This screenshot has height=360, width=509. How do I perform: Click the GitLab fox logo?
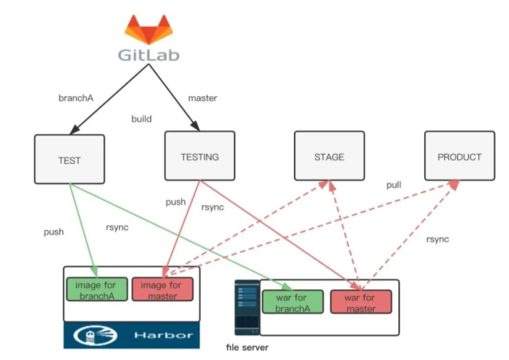(148, 30)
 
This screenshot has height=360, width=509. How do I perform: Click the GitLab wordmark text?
(148, 56)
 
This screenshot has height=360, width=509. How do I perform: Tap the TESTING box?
(200, 157)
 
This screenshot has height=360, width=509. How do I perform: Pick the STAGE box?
(329, 157)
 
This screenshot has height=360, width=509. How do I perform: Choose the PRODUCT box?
(459, 157)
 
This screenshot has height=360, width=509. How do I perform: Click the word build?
(141, 119)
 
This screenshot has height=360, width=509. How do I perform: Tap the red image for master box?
(162, 290)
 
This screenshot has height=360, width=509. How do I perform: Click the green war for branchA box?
(292, 302)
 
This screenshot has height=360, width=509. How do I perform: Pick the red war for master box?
(361, 302)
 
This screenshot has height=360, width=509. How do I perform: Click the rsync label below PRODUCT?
(438, 239)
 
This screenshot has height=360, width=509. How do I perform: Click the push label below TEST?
(54, 232)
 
